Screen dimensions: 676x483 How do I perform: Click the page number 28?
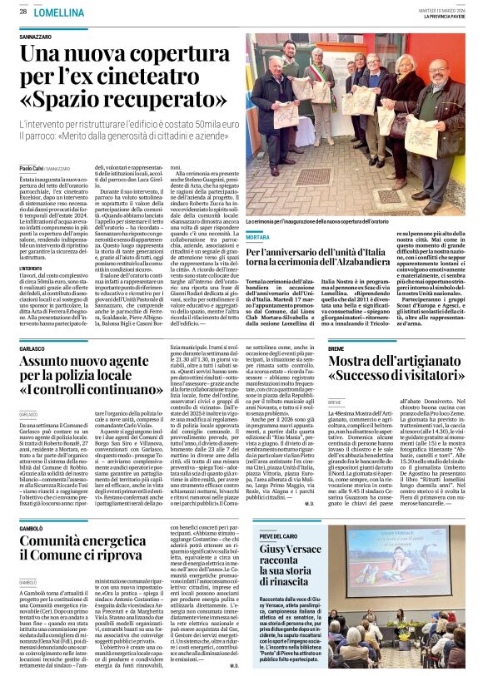(x=23, y=11)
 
